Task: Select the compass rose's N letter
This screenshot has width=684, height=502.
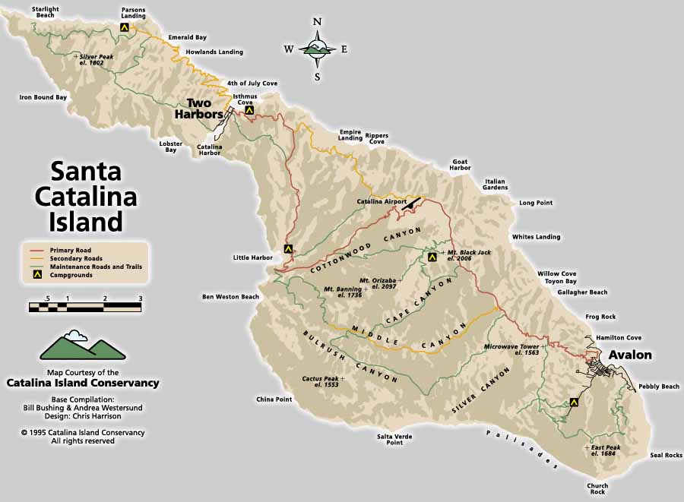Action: [318, 21]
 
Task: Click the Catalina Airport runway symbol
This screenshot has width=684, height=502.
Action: [412, 203]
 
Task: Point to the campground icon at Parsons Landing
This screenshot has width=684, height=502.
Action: [124, 27]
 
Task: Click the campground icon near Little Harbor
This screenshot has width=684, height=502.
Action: [288, 248]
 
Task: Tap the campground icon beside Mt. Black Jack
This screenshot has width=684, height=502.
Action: [432, 257]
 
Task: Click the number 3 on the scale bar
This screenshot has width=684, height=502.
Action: [141, 298]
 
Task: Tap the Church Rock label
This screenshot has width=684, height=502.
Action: [597, 488]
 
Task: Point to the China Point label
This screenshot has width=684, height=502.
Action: [274, 399]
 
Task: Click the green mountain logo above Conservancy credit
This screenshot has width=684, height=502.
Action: [82, 346]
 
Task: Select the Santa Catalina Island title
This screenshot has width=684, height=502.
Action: [86, 197]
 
